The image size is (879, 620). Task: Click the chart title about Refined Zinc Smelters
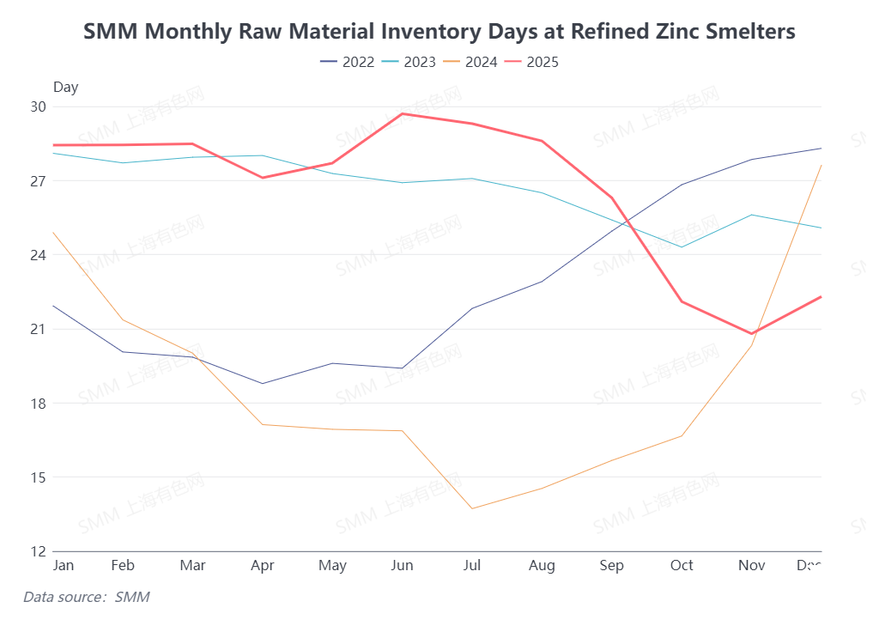439,32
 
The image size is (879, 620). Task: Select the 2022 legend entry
348,62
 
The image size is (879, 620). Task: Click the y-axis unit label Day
65,87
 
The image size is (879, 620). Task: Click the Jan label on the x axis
63,565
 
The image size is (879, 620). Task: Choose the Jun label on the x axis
402,565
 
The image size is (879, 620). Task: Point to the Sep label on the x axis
612,565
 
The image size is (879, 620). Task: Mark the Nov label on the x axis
752,565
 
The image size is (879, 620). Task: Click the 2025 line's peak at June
402,113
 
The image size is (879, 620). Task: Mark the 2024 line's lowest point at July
472,508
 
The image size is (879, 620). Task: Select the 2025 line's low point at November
752,334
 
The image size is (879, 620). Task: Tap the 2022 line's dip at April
262,384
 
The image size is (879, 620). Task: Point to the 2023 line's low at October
682,247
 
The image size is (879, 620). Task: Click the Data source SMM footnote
86,596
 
